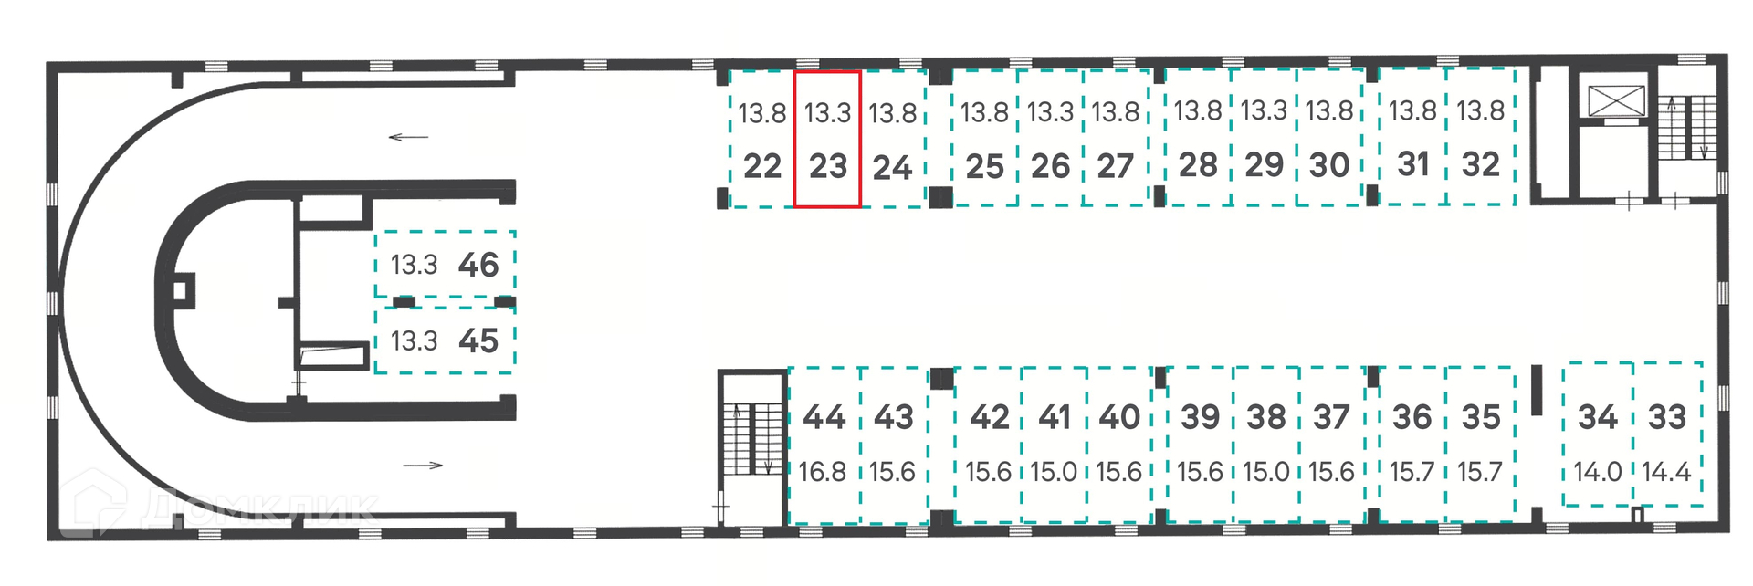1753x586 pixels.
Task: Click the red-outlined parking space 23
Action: pyautogui.click(x=826, y=140)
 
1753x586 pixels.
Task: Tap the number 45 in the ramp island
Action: pyautogui.click(x=478, y=341)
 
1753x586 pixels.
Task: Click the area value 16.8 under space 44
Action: pyautogui.click(x=822, y=472)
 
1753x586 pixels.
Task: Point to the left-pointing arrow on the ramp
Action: pyautogui.click(x=408, y=138)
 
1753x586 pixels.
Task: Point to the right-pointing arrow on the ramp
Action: pyautogui.click(x=423, y=466)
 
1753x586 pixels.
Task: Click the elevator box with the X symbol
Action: pyautogui.click(x=1616, y=100)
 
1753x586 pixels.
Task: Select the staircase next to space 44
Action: pyautogui.click(x=753, y=438)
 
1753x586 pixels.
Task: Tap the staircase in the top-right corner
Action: pyautogui.click(x=1687, y=128)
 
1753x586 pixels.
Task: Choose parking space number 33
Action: pyautogui.click(x=1666, y=417)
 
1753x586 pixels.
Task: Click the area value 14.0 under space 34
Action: pyautogui.click(x=1598, y=472)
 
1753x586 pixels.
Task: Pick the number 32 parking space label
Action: pyautogui.click(x=1480, y=164)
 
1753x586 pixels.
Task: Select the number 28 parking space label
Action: pyautogui.click(x=1197, y=165)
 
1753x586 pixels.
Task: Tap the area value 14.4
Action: pyautogui.click(x=1666, y=472)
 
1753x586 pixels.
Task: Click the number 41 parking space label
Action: pyautogui.click(x=1054, y=417)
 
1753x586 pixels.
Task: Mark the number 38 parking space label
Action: pyautogui.click(x=1266, y=417)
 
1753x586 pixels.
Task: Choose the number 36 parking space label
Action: pyautogui.click(x=1412, y=417)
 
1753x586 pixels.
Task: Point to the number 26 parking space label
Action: pyautogui.click(x=1050, y=166)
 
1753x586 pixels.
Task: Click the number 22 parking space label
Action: pyautogui.click(x=762, y=166)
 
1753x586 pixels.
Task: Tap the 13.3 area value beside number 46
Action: pyautogui.click(x=414, y=265)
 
